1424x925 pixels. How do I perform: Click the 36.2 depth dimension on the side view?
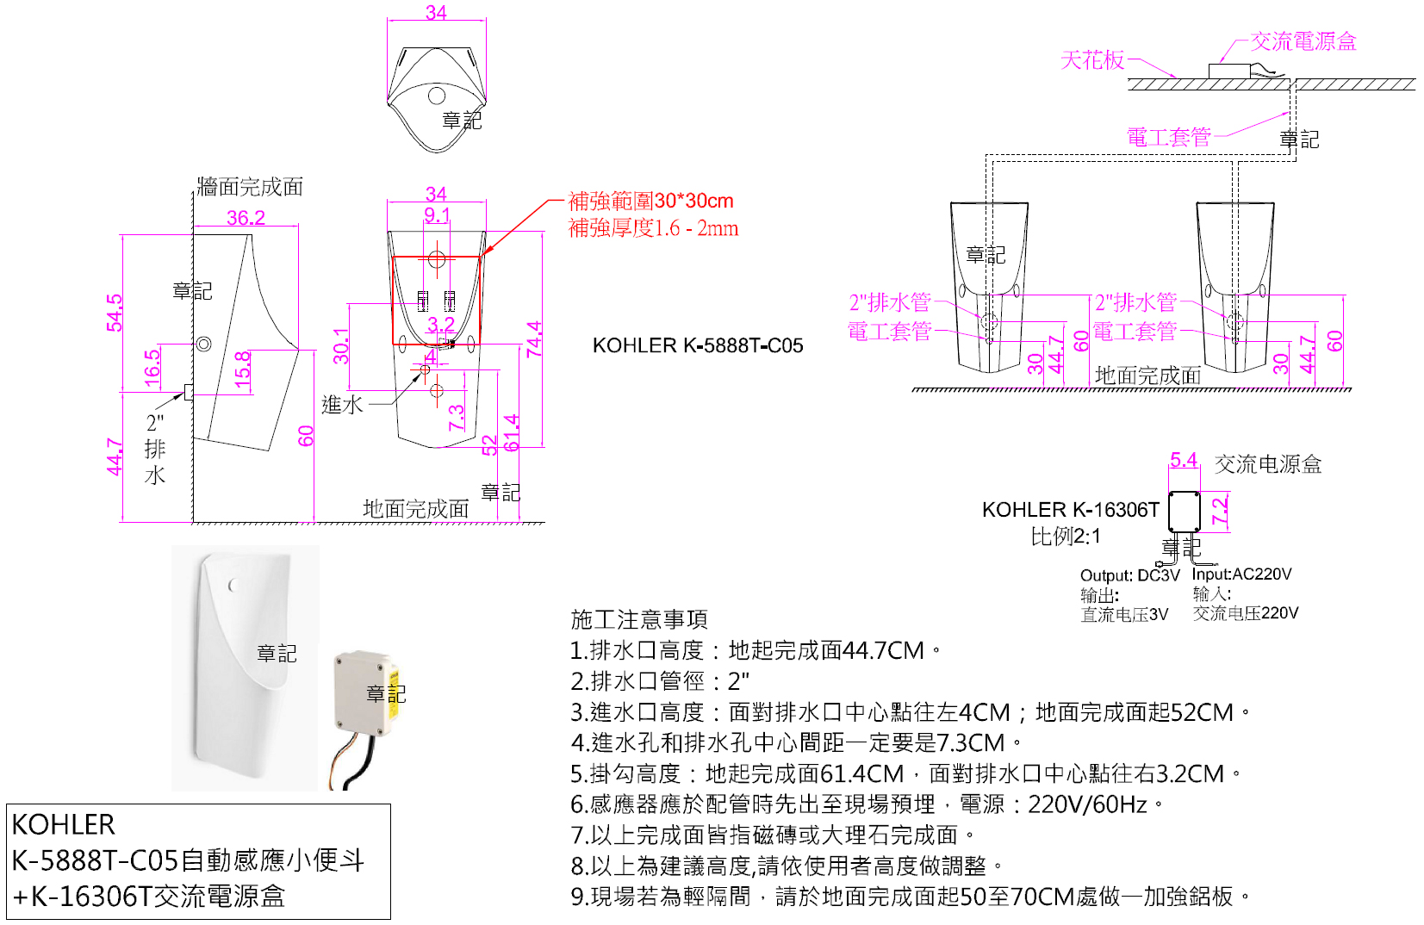tap(246, 217)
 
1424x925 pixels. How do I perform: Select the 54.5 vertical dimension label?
tap(115, 313)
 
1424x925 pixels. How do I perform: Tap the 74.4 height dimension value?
tap(534, 338)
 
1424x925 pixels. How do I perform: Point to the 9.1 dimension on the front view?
tap(437, 214)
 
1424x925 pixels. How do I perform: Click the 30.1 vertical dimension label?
tap(341, 346)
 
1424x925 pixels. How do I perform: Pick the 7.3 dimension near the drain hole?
tap(457, 418)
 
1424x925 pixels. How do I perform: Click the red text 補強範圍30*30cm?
tap(650, 201)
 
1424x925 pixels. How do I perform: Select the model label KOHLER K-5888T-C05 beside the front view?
tap(698, 345)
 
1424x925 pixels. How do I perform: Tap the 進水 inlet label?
tap(342, 404)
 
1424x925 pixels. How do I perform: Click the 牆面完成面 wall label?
tap(250, 186)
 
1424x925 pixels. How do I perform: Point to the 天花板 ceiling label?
tap(1092, 60)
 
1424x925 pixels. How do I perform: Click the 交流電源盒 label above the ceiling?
tap(1303, 41)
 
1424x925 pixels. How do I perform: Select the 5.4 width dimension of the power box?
tap(1184, 459)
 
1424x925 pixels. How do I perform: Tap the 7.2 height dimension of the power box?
tap(1220, 511)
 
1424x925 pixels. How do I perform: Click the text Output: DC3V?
tap(1129, 575)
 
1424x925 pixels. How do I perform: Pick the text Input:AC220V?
tap(1241, 574)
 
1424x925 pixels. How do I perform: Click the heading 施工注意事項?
tap(639, 618)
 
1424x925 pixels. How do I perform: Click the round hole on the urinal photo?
tap(233, 584)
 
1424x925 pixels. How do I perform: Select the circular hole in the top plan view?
tap(437, 96)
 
